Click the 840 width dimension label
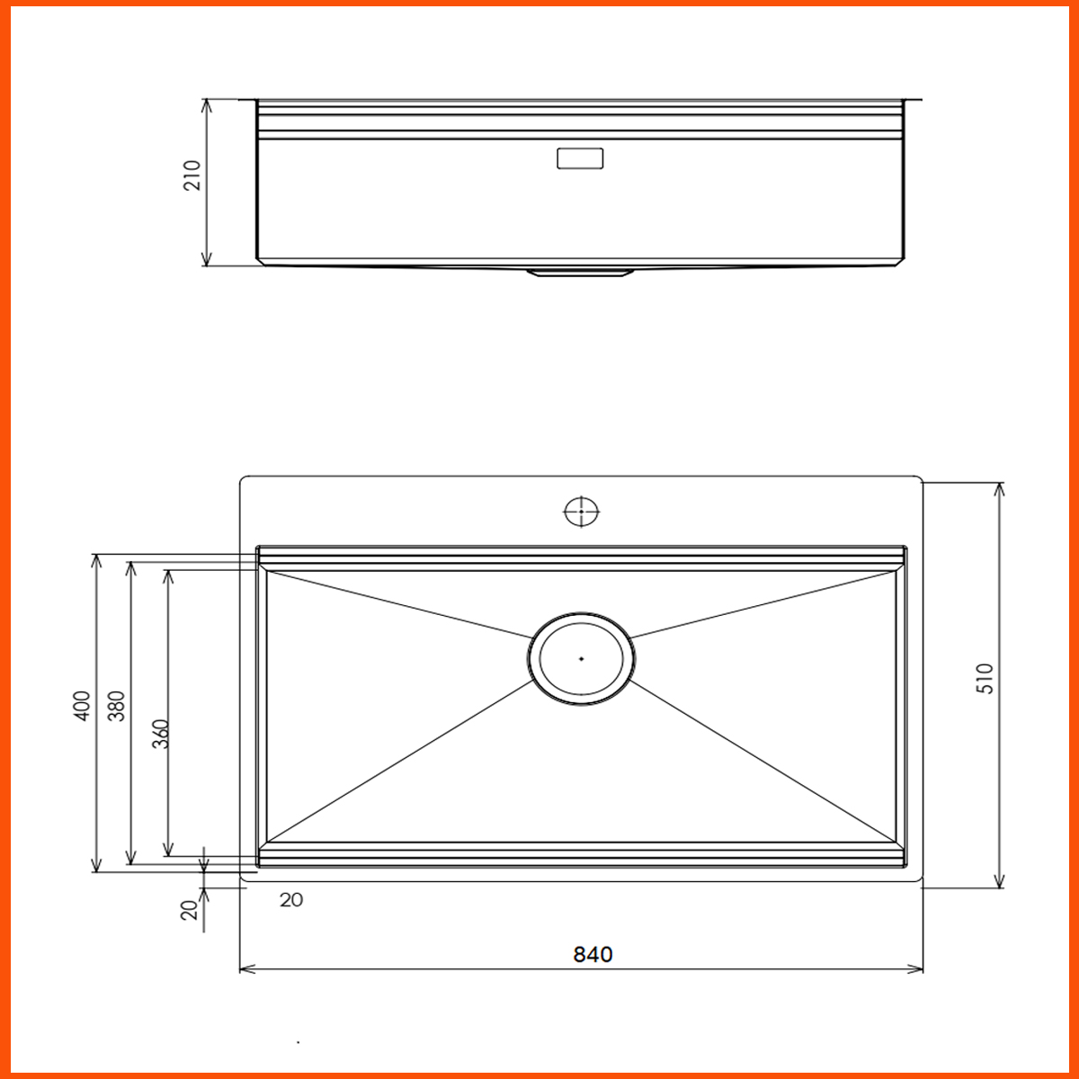tap(593, 954)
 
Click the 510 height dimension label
tap(985, 678)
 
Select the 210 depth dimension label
tap(192, 175)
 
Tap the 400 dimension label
tap(81, 706)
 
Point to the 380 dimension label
tap(116, 706)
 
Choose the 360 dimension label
tap(159, 735)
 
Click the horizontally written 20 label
tap(290, 900)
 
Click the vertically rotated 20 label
tap(189, 910)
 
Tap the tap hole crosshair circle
tap(581, 511)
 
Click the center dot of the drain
tap(582, 658)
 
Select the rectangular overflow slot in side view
tap(580, 159)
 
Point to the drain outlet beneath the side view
tap(580, 272)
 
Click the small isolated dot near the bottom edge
tap(299, 1043)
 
